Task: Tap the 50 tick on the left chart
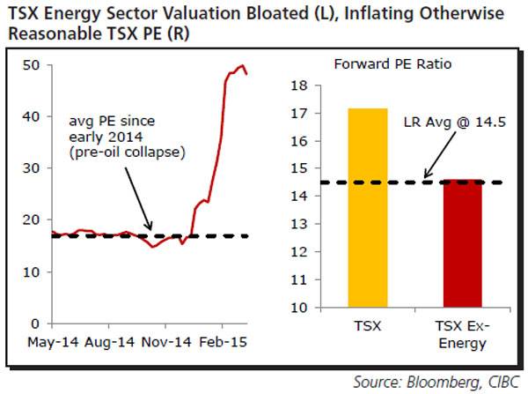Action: click(x=33, y=65)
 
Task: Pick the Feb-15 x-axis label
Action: click(x=223, y=342)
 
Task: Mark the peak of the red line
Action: click(x=240, y=65)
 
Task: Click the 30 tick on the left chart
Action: click(x=33, y=168)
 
